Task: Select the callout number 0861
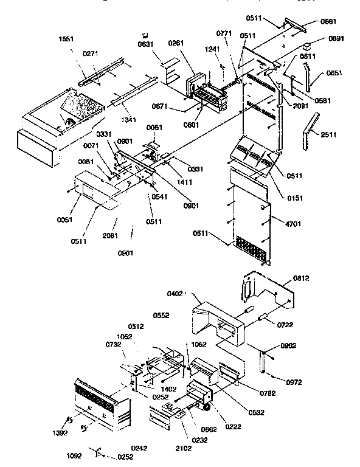328,21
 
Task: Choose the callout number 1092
75,454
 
